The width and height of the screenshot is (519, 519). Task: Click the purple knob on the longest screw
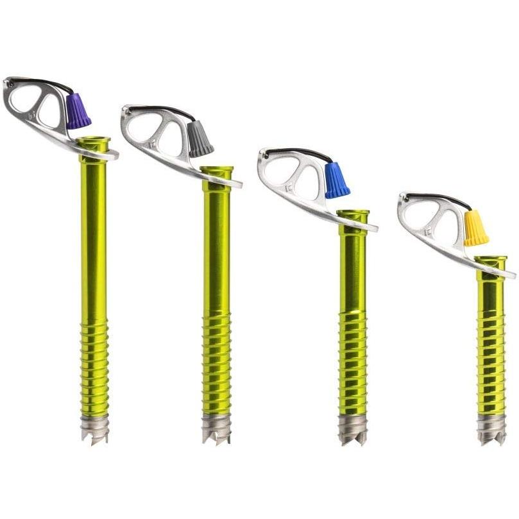78,111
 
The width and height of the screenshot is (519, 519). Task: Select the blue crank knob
337,180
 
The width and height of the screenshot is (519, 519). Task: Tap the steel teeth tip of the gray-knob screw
216,429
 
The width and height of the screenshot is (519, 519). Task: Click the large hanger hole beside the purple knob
50,111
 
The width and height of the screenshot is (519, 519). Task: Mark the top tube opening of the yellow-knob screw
491,260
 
